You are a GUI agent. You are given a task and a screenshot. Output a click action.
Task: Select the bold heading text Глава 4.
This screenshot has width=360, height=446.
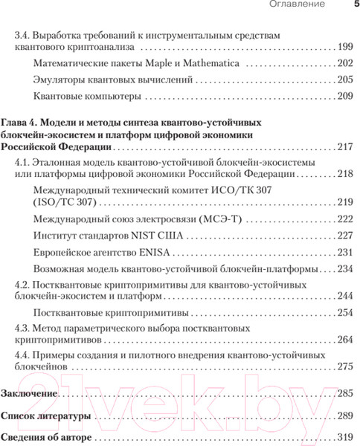pos(23,120)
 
